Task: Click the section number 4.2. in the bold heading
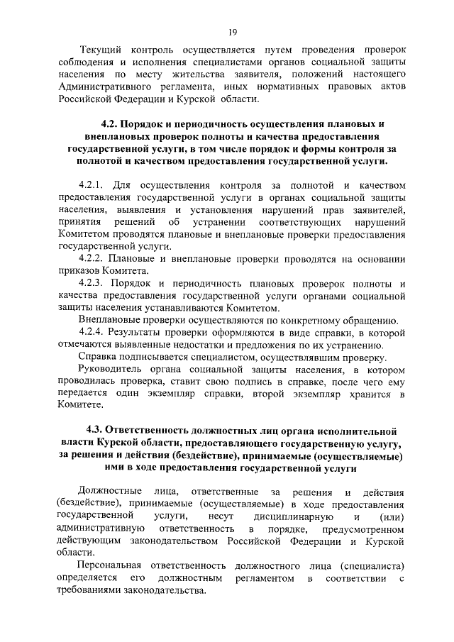pyautogui.click(x=112, y=123)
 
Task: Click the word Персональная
pyautogui.click(x=111, y=565)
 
